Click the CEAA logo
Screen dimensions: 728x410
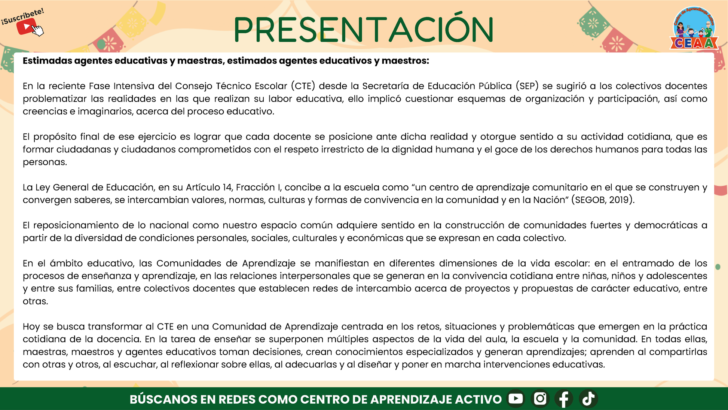click(694, 28)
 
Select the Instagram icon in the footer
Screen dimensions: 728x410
click(540, 398)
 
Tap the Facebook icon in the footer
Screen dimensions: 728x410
click(564, 398)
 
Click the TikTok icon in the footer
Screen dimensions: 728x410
click(588, 398)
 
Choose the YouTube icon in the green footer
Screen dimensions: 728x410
click(516, 398)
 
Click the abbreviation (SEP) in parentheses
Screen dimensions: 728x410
click(527, 86)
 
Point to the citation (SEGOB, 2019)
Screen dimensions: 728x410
click(603, 200)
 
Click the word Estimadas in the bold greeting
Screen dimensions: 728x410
click(47, 61)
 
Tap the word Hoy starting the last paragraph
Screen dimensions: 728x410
click(31, 327)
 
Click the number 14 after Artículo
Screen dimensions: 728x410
click(227, 187)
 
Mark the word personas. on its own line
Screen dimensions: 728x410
click(45, 163)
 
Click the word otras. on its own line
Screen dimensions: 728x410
click(36, 301)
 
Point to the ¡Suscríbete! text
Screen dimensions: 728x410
click(22, 16)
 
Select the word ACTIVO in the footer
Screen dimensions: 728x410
click(478, 399)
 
